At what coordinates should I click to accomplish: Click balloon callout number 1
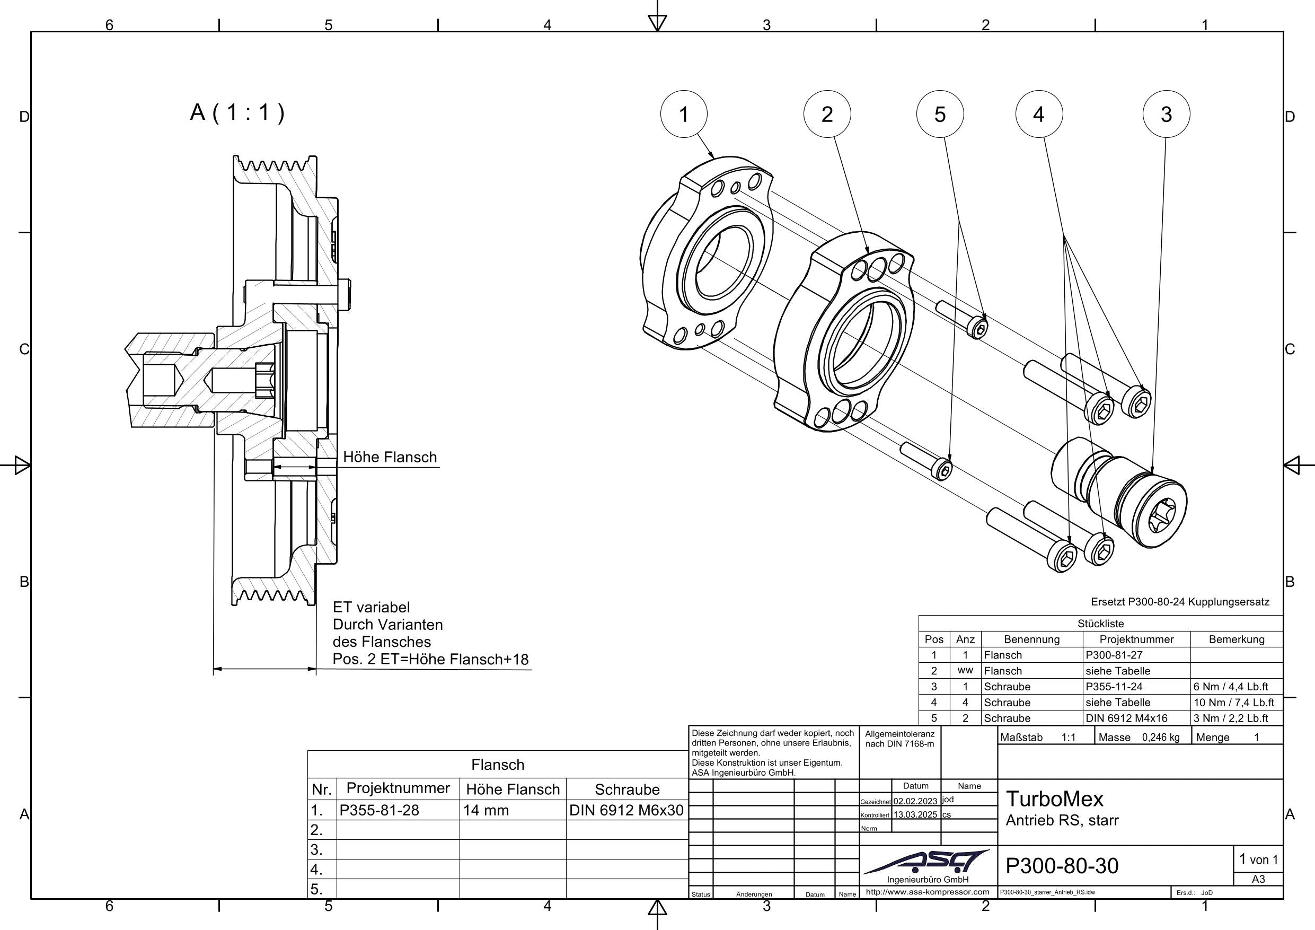683,114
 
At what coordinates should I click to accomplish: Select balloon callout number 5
940,114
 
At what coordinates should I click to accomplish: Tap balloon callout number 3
1166,114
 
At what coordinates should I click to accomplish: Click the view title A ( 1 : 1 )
237,112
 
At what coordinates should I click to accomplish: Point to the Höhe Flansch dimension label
390,457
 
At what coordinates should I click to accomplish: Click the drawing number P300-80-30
1062,866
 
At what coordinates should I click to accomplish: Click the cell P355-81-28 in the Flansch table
379,810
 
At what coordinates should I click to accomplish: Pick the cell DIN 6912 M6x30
626,810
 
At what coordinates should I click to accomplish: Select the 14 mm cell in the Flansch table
486,810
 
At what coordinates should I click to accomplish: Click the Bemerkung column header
1236,639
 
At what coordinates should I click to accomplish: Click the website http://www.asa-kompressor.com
928,892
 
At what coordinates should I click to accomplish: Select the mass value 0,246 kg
1160,738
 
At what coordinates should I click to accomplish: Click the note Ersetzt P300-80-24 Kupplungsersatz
1180,602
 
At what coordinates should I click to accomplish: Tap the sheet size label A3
1258,879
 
